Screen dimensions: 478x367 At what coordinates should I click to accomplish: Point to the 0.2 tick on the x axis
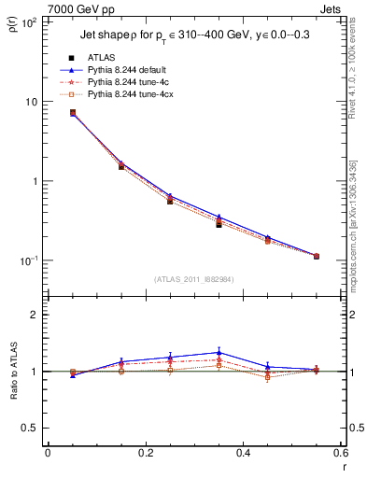[x=146, y=454]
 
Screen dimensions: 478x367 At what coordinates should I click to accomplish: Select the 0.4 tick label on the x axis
[x=243, y=454]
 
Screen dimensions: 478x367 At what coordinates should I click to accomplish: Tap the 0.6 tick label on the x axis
[x=339, y=454]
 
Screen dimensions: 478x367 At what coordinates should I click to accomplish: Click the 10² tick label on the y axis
[x=28, y=21]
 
